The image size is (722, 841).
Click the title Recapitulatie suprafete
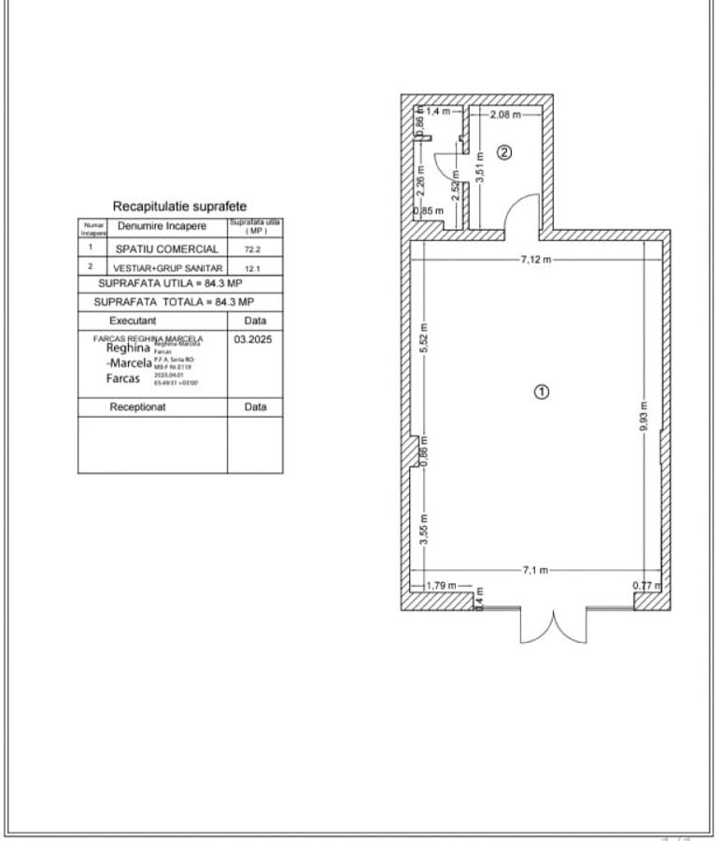coord(179,206)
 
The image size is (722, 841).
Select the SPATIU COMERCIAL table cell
coord(167,249)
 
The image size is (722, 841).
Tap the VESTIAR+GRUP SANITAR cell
coord(167,268)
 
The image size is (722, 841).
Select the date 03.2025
coord(252,340)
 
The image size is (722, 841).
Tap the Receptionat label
coord(138,407)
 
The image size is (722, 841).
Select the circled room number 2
coord(503,152)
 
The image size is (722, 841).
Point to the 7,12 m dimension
coord(536,259)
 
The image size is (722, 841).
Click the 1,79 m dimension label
coord(441,586)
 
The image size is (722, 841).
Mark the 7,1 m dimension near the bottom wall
coord(535,570)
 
